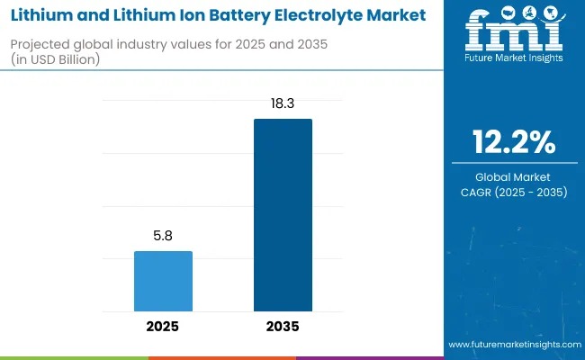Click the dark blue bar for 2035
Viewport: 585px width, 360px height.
point(283,214)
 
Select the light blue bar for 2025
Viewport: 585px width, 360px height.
point(163,281)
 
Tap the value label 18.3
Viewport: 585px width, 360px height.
point(283,105)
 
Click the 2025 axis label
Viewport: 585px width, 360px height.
point(163,327)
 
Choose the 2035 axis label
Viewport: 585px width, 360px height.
point(283,327)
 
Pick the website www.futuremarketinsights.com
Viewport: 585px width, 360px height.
point(513,345)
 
